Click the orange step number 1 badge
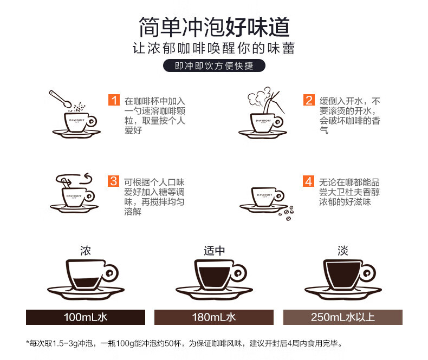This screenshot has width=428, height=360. click(x=114, y=100)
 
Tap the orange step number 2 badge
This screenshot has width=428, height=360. click(x=309, y=100)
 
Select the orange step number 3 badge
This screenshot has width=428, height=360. click(x=113, y=181)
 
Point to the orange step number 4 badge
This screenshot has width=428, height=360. click(x=308, y=181)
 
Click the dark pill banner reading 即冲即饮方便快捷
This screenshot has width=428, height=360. click(x=214, y=66)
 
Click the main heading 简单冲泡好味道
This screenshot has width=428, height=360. click(x=214, y=27)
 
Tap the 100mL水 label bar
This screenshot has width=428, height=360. click(x=86, y=317)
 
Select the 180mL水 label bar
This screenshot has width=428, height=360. click(x=214, y=317)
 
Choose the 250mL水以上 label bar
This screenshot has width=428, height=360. click(x=343, y=317)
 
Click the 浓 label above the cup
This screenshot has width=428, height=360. click(x=86, y=251)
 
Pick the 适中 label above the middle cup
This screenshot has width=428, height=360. click(x=215, y=251)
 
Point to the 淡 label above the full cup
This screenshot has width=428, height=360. click(x=343, y=251)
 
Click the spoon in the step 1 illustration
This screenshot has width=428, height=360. click(x=60, y=99)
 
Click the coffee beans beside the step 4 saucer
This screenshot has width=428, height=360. click(x=287, y=213)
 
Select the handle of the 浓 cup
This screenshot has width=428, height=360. click(x=111, y=273)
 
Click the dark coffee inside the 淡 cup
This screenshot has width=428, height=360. click(x=343, y=274)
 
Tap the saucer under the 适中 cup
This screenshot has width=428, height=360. click(x=215, y=293)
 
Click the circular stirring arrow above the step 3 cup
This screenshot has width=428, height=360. click(x=74, y=179)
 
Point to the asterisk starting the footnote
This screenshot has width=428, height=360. click(x=28, y=342)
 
